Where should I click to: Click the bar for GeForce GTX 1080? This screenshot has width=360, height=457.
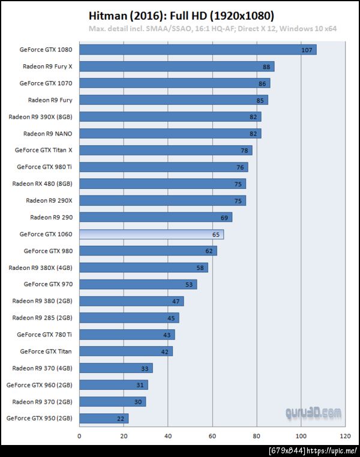point(197,50)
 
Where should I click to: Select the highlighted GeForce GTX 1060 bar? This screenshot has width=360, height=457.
point(151,234)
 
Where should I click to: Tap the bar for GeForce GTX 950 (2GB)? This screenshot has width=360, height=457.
point(104,418)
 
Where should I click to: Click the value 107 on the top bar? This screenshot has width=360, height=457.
point(307,50)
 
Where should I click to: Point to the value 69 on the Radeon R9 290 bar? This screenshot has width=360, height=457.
point(224,217)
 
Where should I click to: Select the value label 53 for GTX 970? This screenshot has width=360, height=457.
point(189,284)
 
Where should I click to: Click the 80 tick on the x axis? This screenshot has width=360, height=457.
point(257,436)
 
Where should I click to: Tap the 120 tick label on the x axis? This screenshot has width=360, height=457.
point(345,436)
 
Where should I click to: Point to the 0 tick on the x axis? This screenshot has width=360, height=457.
point(79,436)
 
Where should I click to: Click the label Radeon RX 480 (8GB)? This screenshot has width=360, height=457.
point(42,184)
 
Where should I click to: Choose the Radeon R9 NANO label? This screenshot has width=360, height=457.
point(47,133)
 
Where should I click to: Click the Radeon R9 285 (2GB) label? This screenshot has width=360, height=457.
point(42,317)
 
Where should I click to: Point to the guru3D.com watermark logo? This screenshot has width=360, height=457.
point(313,413)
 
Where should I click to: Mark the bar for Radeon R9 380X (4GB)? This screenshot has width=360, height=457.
point(143,267)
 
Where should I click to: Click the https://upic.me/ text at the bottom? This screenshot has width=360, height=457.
point(332,450)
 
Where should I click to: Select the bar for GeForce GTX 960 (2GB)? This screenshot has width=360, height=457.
point(113,384)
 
